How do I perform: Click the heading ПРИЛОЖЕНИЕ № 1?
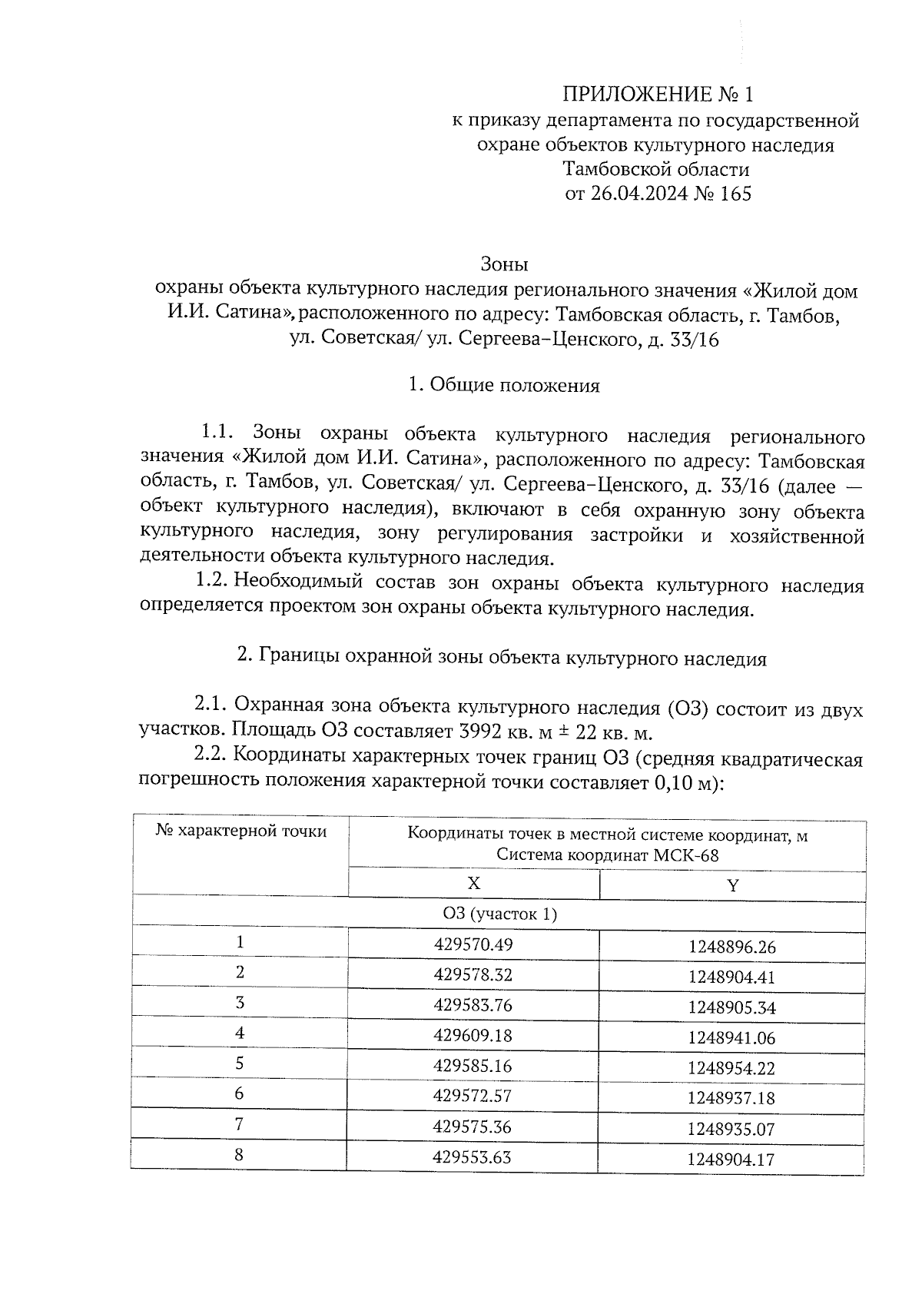point(658,95)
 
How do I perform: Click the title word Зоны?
point(504,265)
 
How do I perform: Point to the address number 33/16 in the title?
point(694,340)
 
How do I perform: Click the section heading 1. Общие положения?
point(504,386)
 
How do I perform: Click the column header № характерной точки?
point(240,831)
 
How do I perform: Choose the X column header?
point(473,884)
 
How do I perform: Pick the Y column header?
point(732,885)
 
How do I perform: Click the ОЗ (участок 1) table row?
point(499,914)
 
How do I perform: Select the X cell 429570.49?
point(473,944)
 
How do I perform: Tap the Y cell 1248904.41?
point(731,977)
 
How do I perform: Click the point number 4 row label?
point(240,1034)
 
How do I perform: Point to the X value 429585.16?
point(473,1067)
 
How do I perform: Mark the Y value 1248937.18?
point(731,1099)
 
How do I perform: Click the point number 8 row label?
point(240,1155)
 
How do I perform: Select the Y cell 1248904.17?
point(731,1159)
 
